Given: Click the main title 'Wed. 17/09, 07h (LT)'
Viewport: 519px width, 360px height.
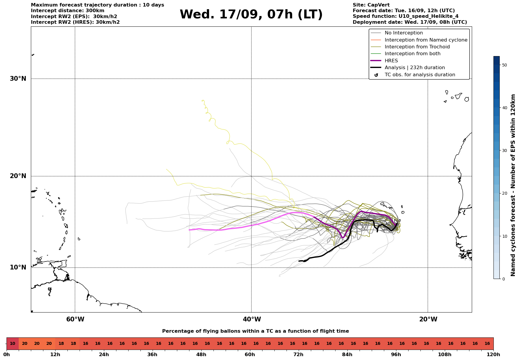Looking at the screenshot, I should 251,15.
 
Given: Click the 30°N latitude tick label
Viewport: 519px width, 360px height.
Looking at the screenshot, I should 18,79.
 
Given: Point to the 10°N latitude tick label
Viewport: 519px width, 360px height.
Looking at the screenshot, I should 18,267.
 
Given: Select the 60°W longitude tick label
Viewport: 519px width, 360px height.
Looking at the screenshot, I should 75,319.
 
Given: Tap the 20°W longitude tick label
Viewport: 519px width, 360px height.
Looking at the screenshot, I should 428,319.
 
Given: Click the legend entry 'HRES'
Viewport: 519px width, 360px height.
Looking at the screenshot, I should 391,61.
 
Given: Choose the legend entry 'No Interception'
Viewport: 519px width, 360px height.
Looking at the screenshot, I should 404,33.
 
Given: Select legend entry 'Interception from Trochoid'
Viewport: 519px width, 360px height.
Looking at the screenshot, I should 417,47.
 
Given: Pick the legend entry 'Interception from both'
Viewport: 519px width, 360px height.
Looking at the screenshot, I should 412,54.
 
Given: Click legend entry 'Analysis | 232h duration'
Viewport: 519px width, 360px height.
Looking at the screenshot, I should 414,68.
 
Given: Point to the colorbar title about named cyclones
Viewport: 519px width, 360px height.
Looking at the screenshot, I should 513,185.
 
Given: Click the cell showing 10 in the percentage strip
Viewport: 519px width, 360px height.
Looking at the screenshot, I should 12,344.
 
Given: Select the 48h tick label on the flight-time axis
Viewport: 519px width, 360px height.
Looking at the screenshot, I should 201,355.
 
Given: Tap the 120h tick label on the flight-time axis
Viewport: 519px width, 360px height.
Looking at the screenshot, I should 493,355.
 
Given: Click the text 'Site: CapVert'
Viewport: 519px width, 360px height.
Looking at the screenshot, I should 371,5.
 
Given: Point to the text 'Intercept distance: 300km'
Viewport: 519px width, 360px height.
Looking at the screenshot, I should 67,11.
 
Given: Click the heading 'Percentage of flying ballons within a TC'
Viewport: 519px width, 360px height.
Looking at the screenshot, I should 255,331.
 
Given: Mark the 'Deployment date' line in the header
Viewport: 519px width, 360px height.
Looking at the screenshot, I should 409,22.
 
